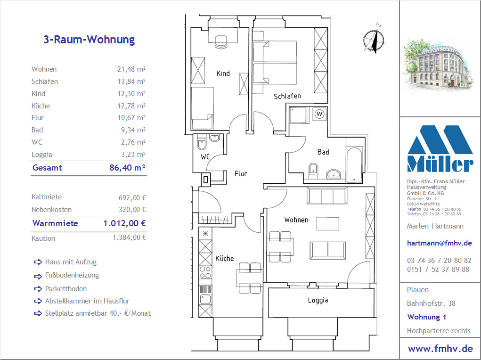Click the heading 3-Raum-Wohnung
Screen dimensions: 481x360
[x=89, y=40]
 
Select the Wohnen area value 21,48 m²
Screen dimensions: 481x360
[x=131, y=69]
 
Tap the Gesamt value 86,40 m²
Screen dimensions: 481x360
[x=127, y=168]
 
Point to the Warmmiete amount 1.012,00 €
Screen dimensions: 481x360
[x=124, y=223]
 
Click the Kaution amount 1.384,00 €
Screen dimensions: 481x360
[x=130, y=237]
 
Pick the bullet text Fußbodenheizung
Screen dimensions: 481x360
[x=72, y=275]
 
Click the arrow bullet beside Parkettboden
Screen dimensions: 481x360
[x=38, y=289]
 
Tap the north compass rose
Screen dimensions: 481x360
[x=374, y=39]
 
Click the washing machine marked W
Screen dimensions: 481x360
[x=319, y=114]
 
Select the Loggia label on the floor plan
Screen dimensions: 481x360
[x=318, y=300]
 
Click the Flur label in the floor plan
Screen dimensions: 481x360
[x=241, y=174]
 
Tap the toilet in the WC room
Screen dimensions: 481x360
[x=202, y=142]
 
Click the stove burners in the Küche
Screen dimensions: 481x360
[x=205, y=272]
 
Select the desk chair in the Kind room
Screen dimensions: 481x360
[x=221, y=42]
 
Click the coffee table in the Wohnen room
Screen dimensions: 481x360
[x=328, y=223]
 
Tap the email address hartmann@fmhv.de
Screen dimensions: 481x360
[x=439, y=243]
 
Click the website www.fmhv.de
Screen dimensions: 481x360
[x=440, y=349]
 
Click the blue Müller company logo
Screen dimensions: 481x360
[x=440, y=148]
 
